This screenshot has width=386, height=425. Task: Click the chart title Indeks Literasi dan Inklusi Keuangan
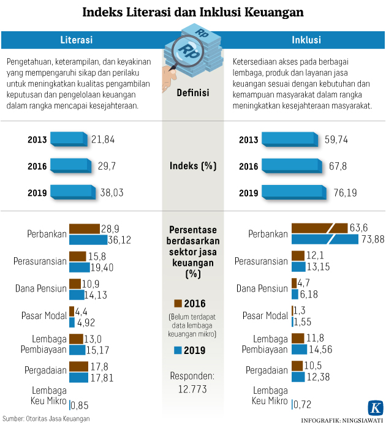click(x=192, y=12)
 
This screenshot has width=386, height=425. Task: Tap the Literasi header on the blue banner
click(x=76, y=40)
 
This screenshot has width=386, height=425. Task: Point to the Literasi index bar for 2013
click(x=69, y=139)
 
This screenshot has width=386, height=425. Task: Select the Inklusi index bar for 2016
click(x=289, y=166)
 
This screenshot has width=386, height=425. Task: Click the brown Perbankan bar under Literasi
click(x=84, y=228)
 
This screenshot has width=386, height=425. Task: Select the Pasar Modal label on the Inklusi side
click(x=265, y=316)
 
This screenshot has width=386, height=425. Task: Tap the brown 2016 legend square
click(x=178, y=303)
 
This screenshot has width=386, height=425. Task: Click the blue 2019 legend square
click(x=178, y=351)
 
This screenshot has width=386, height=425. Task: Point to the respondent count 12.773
click(x=193, y=389)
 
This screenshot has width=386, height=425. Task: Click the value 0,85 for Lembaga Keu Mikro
click(x=80, y=405)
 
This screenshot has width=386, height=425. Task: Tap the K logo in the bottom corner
click(x=375, y=408)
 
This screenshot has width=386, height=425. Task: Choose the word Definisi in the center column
click(x=193, y=93)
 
